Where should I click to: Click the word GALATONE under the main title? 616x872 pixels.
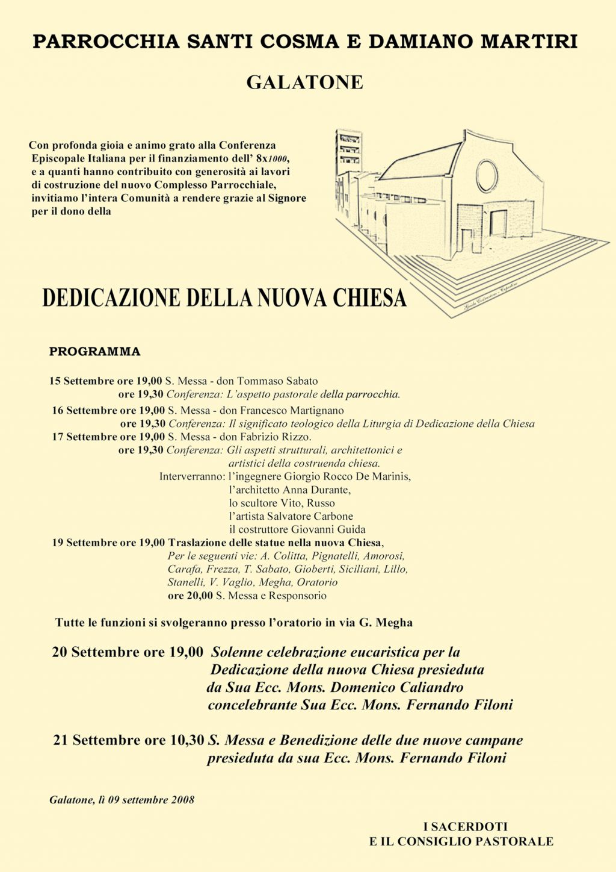coord(304,83)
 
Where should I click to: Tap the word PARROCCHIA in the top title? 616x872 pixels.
coord(106,42)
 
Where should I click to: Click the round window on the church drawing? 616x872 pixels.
coord(487,175)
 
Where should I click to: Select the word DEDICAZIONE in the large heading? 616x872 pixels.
coord(111,298)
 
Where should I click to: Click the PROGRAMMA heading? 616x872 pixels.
coord(94,352)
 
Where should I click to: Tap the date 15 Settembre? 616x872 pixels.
coord(82,381)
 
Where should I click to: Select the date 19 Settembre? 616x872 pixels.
coord(84,543)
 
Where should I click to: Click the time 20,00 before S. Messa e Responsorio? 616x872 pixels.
coord(200,596)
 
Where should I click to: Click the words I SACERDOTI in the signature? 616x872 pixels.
coord(465,827)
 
